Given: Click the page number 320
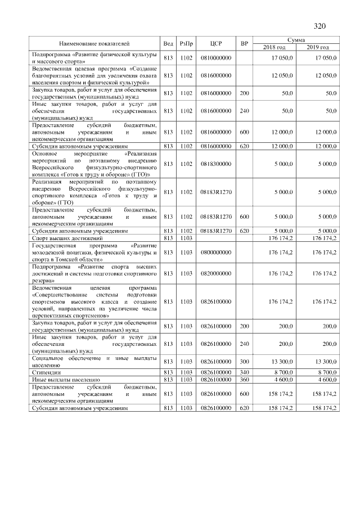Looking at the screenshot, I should click(319, 26).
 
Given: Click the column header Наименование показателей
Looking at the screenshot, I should click(94, 43).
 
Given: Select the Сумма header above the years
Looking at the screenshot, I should click(296, 40).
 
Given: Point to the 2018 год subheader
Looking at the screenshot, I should click(274, 47).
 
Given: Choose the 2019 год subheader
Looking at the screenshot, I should click(318, 47).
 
